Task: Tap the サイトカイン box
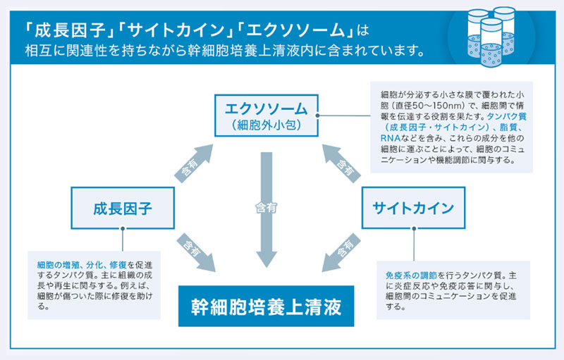coord(412,207)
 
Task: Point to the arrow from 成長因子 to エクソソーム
coord(192,163)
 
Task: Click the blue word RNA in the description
coord(389,140)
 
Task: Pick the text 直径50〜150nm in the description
coord(431,104)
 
